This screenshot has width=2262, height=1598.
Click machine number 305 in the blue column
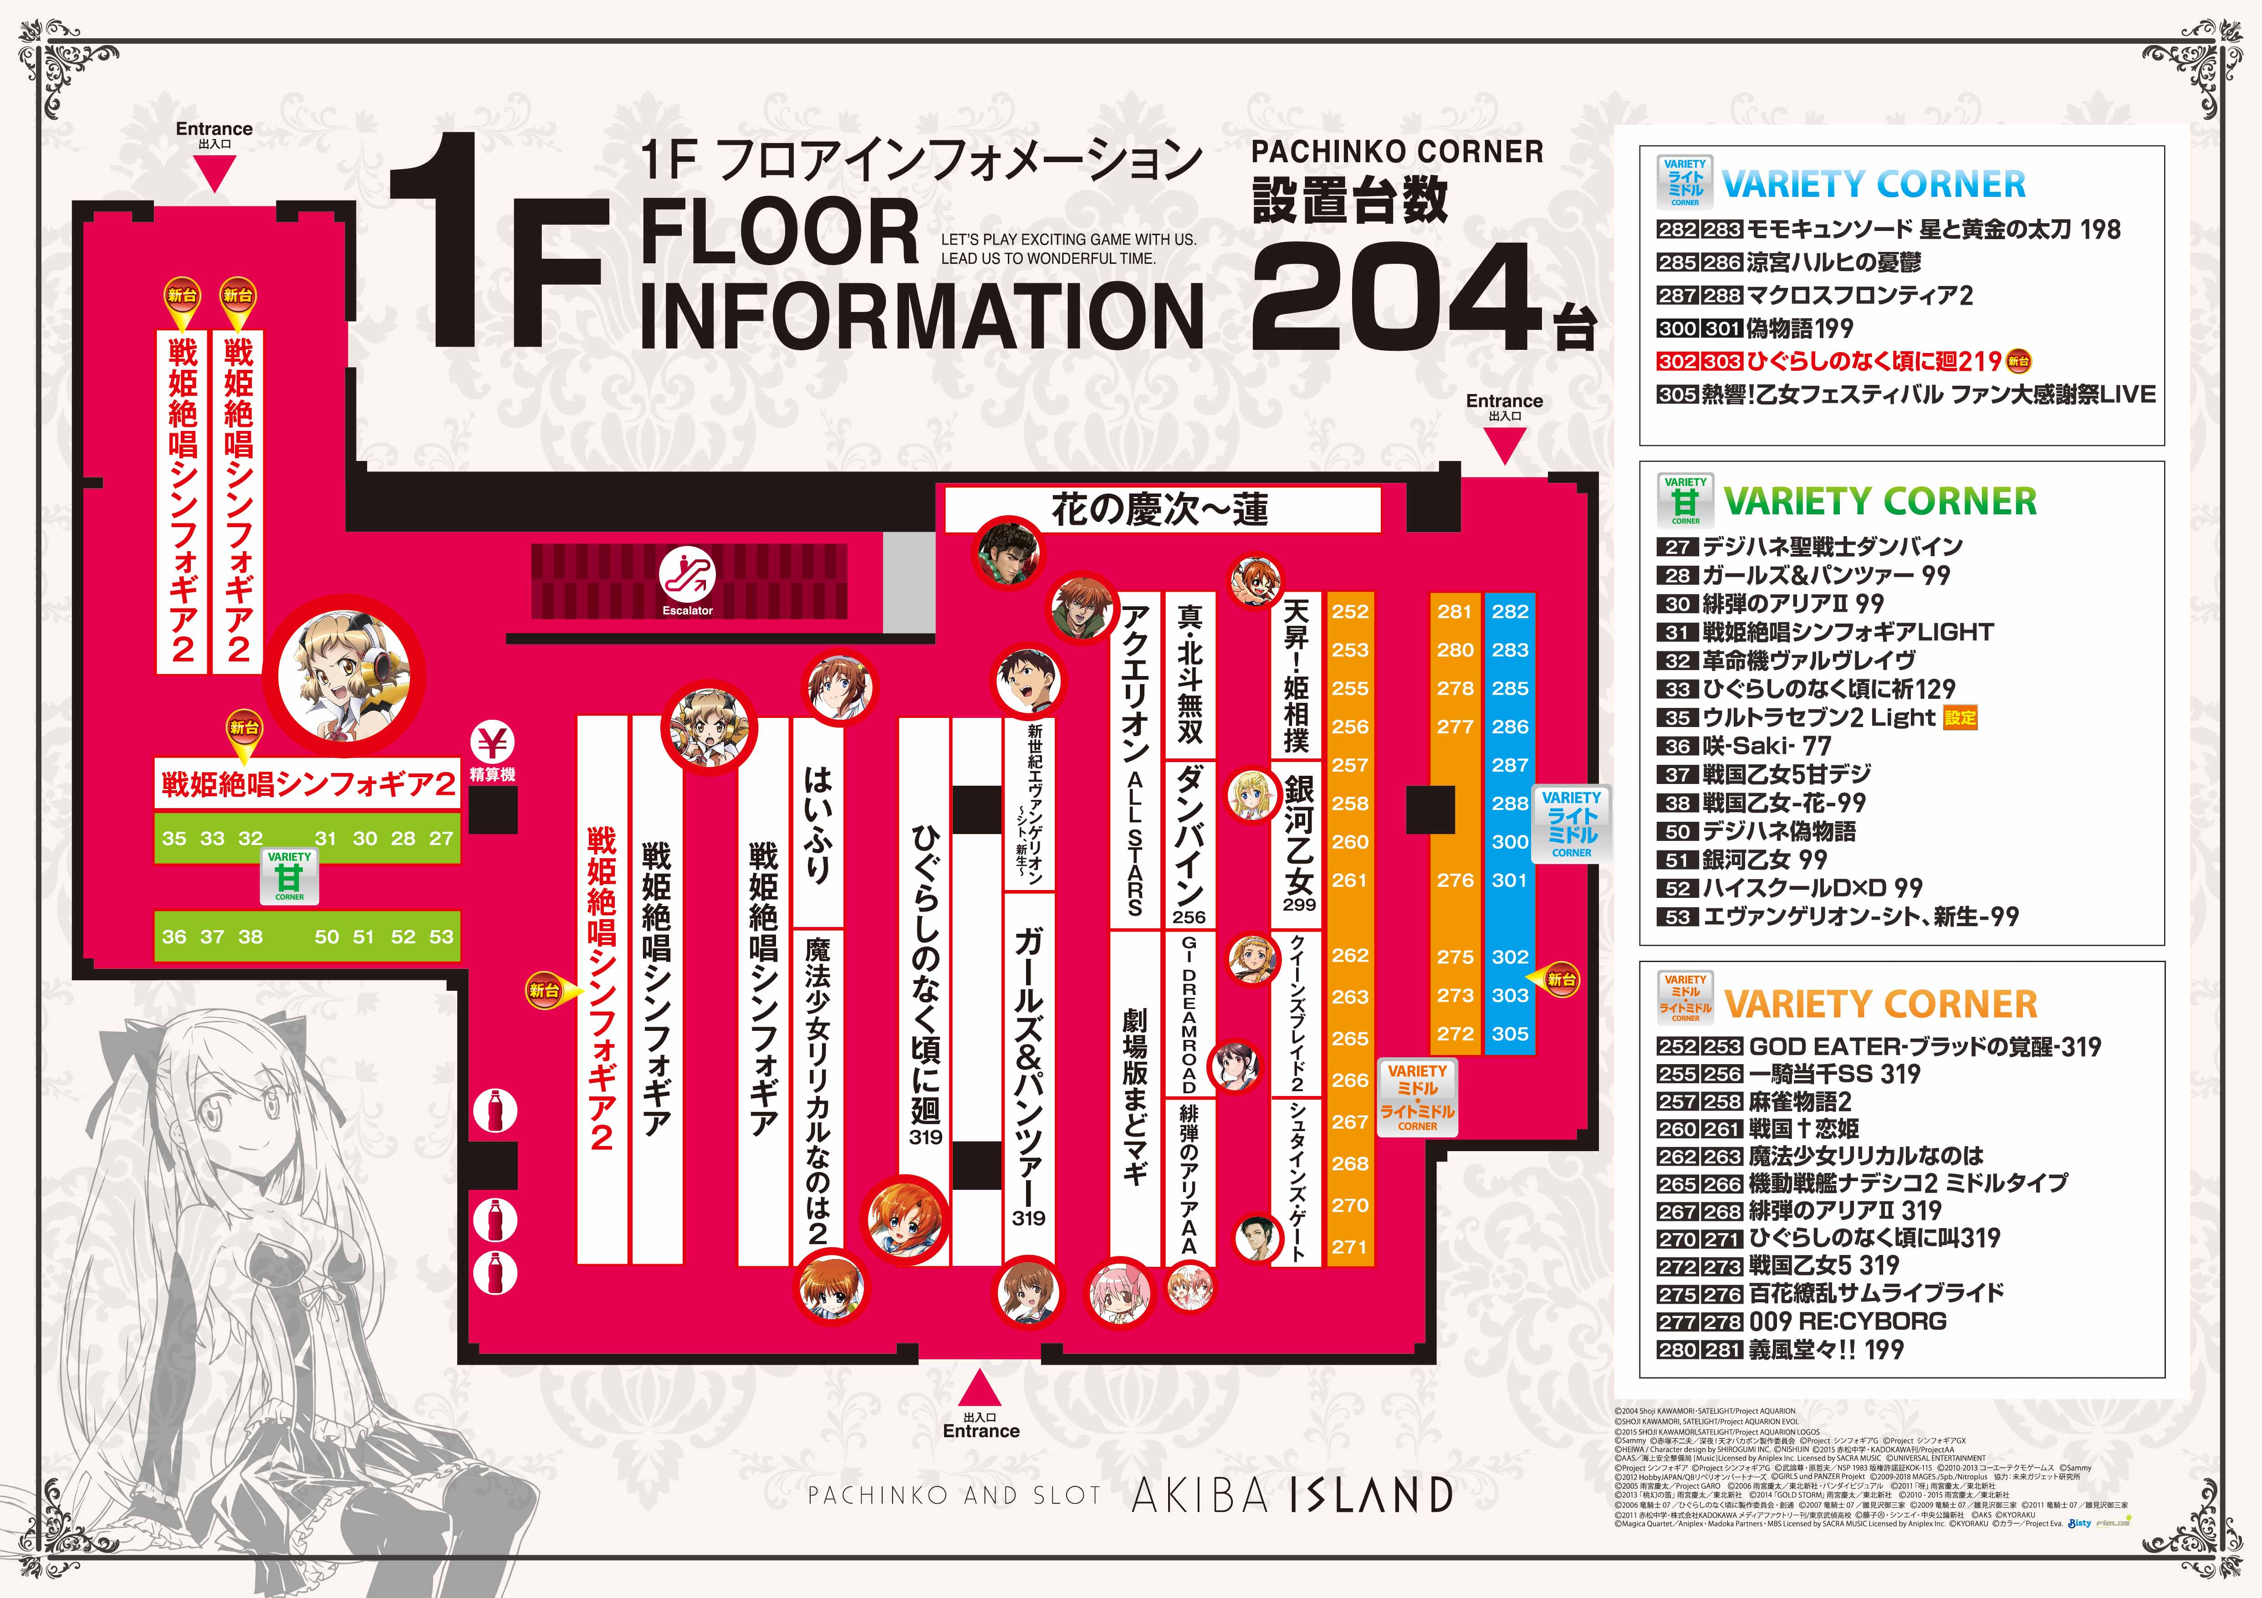pos(1509,1034)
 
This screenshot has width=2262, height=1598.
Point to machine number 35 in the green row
pos(174,839)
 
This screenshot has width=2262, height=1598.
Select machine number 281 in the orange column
pos(1454,611)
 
